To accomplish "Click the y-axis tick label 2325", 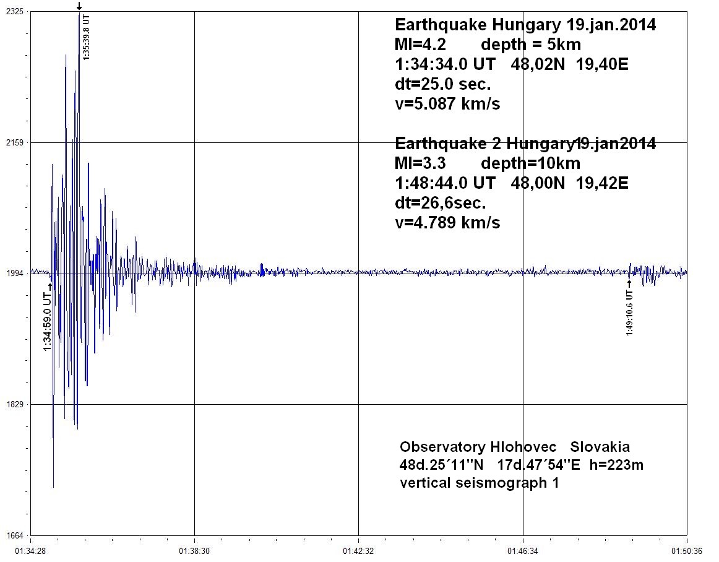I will (x=14, y=12).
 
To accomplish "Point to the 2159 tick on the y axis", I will (x=14, y=142).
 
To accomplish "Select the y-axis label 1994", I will (x=14, y=273).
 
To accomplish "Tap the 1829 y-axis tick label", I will (x=14, y=404).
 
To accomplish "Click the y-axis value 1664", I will (x=14, y=535).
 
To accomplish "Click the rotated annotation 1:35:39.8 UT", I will (x=87, y=37).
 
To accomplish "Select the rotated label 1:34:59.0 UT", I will (x=47, y=322).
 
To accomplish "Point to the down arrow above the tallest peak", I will (x=79, y=6).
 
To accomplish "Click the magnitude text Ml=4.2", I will (x=420, y=45).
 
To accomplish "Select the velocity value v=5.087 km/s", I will (x=447, y=104).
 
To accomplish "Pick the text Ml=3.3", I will (x=420, y=163).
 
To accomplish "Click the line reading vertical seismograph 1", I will (x=480, y=483).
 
